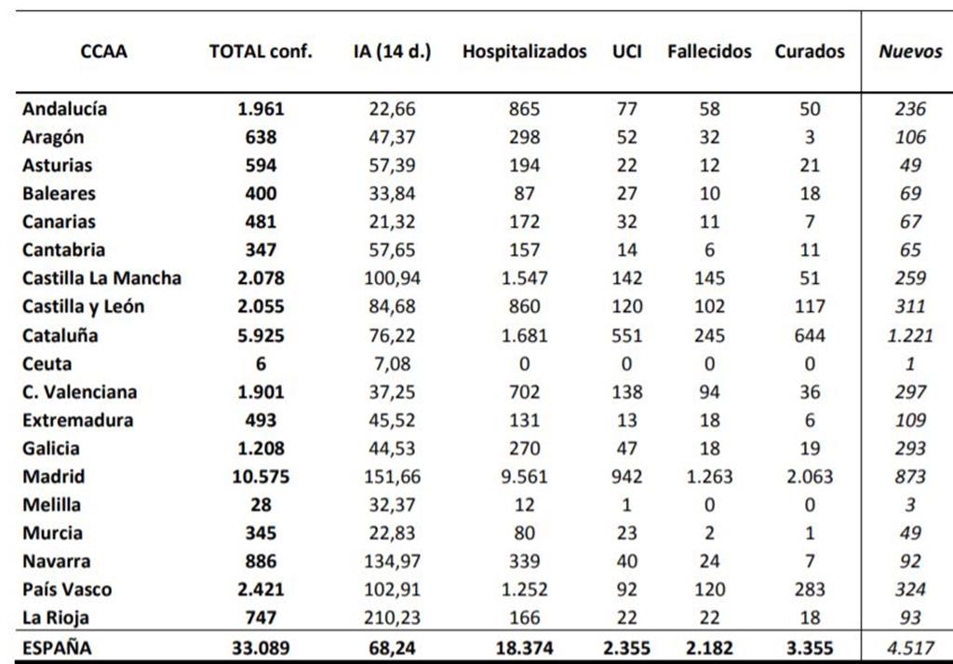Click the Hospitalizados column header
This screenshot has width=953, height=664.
(525, 51)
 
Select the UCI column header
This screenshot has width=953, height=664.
(626, 51)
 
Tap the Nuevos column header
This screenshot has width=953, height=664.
(910, 51)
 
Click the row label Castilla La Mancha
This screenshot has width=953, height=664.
(101, 278)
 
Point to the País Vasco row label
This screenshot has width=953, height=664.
(67, 589)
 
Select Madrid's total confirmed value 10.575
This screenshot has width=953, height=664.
(261, 476)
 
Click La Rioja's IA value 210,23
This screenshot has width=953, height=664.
(392, 617)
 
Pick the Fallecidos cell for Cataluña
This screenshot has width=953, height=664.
(709, 335)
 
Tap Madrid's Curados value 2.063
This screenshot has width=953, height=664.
(810, 476)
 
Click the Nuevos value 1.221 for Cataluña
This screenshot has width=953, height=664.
(910, 335)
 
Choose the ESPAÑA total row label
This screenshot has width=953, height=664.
(57, 647)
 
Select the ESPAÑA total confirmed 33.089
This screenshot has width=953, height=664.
(261, 647)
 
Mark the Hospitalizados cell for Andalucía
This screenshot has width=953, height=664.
(525, 109)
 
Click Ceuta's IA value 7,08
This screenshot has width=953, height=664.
(392, 363)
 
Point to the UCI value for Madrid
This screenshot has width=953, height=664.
(626, 476)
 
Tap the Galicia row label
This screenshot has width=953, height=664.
(51, 448)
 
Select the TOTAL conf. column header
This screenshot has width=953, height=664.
(261, 51)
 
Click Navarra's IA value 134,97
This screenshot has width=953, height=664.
(392, 561)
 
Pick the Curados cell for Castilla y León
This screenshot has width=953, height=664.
(810, 305)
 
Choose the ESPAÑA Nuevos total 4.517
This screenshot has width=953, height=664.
(910, 647)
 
